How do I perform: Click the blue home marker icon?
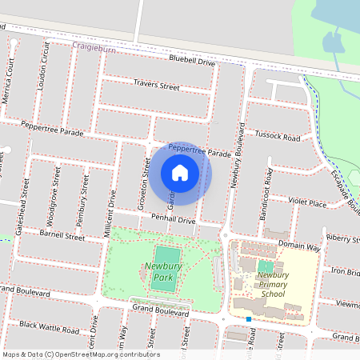[x=180, y=172]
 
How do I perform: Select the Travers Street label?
[x=156, y=86]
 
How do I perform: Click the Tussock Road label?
[x=277, y=138]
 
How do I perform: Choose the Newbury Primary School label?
[x=273, y=284]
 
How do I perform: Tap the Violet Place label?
[x=308, y=204]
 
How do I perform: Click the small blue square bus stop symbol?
[x=250, y=319]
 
